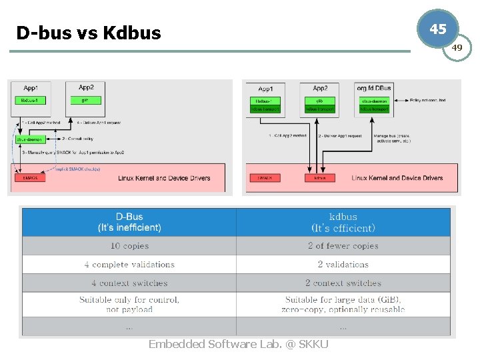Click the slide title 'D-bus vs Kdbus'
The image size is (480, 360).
89,32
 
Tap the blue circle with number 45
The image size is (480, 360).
437,29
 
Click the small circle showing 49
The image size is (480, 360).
457,48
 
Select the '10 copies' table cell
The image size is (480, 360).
129,246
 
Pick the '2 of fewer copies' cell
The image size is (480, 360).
343,246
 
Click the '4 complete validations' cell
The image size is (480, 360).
129,265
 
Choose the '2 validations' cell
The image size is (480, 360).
343,265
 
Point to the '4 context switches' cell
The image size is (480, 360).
129,283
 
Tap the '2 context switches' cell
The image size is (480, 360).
343,283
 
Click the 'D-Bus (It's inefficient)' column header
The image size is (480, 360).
129,222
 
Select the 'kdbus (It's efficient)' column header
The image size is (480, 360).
343,222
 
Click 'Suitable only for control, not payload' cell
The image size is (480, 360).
129,304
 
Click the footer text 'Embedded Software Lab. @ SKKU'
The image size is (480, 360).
238,344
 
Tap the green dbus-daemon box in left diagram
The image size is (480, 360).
31,139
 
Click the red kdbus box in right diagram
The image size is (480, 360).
320,178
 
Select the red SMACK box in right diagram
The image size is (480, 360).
265,178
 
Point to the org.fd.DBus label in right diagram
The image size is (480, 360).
374,89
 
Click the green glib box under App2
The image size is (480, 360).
319,101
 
